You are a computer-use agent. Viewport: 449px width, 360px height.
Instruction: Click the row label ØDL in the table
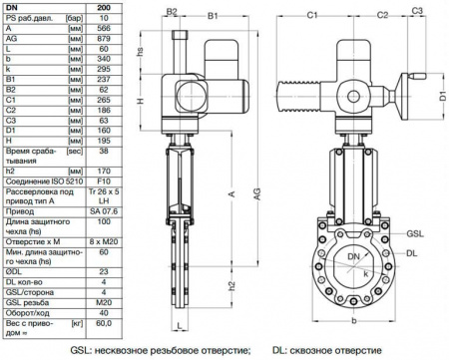coord(30,269)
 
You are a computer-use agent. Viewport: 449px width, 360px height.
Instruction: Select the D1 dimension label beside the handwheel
coord(440,100)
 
